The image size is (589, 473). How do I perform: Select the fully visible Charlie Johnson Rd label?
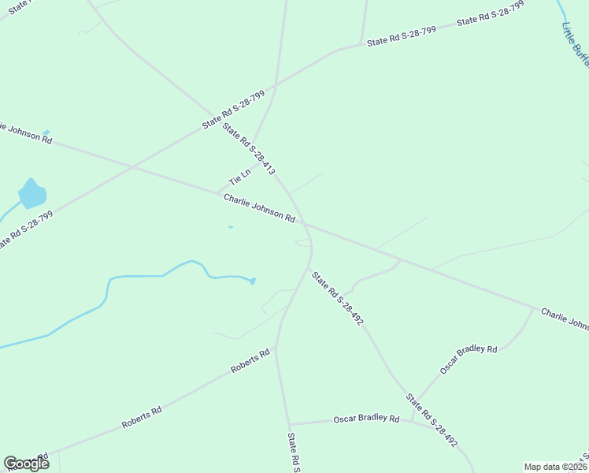pos(258,207)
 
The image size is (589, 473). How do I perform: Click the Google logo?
pos(26,463)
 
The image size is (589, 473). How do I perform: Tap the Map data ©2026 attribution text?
pos(555,467)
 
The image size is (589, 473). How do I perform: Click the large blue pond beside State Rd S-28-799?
pos(32,193)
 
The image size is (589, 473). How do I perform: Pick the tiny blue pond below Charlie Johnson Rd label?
pos(230,228)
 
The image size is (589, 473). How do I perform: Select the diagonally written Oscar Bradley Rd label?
pos(469,359)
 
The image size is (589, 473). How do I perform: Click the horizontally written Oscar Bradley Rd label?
pos(366,419)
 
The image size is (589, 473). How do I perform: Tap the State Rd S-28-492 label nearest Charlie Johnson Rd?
pos(337,299)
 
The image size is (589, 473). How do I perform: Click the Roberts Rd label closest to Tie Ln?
pos(250,361)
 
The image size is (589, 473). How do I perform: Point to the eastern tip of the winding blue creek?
pos(254,281)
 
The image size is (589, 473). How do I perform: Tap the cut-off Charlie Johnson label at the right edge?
pos(565,318)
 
